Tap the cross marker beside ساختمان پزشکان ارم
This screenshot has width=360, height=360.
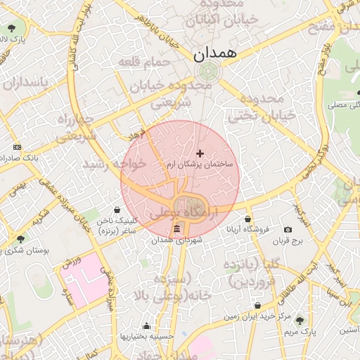point(200,153)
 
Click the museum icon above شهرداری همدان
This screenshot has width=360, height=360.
point(176,230)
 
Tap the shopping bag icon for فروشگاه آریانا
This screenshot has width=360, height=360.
point(247,219)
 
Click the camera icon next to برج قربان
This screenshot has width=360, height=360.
point(288,229)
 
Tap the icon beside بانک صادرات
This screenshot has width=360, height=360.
point(17,148)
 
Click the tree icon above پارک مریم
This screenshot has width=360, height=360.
point(300,320)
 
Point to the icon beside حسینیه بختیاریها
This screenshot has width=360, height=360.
point(146,326)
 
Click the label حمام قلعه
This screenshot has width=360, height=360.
point(144,63)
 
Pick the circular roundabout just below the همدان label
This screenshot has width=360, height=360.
point(207,71)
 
